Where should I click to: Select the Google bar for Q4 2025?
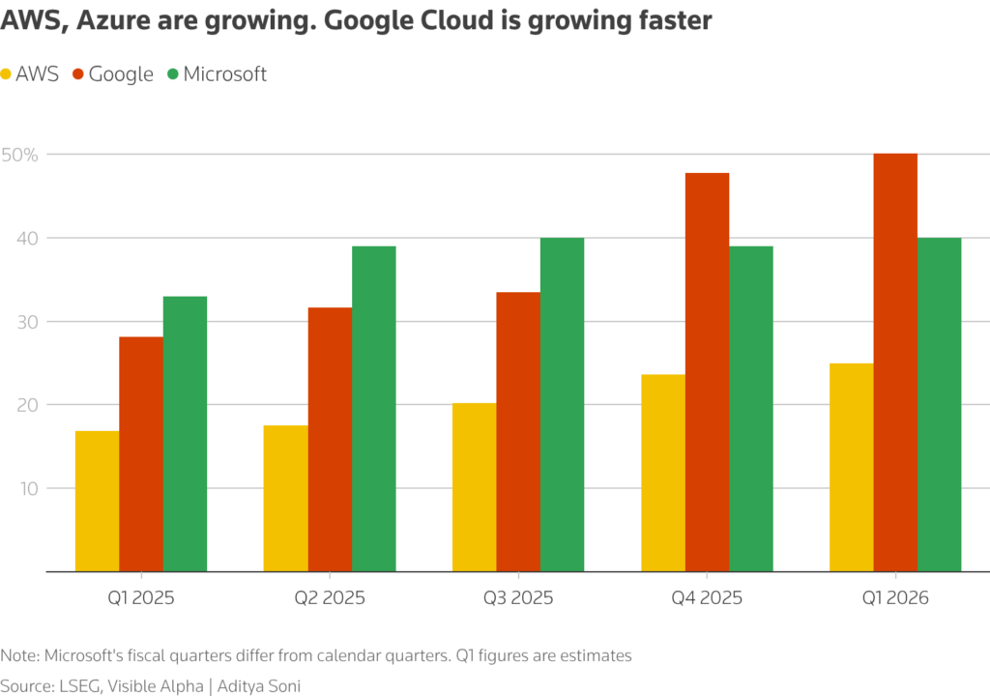(707, 372)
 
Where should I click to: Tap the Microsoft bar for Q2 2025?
(373, 408)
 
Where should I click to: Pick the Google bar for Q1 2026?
(895, 362)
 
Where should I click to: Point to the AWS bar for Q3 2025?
(475, 487)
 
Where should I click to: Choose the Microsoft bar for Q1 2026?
(939, 404)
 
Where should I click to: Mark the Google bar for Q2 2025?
(330, 439)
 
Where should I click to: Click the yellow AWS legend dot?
(7, 73)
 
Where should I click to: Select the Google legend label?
(121, 73)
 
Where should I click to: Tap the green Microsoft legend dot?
(173, 73)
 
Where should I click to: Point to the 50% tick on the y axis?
(18, 155)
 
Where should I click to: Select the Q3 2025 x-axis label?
(518, 597)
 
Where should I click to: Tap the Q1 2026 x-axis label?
(894, 597)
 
